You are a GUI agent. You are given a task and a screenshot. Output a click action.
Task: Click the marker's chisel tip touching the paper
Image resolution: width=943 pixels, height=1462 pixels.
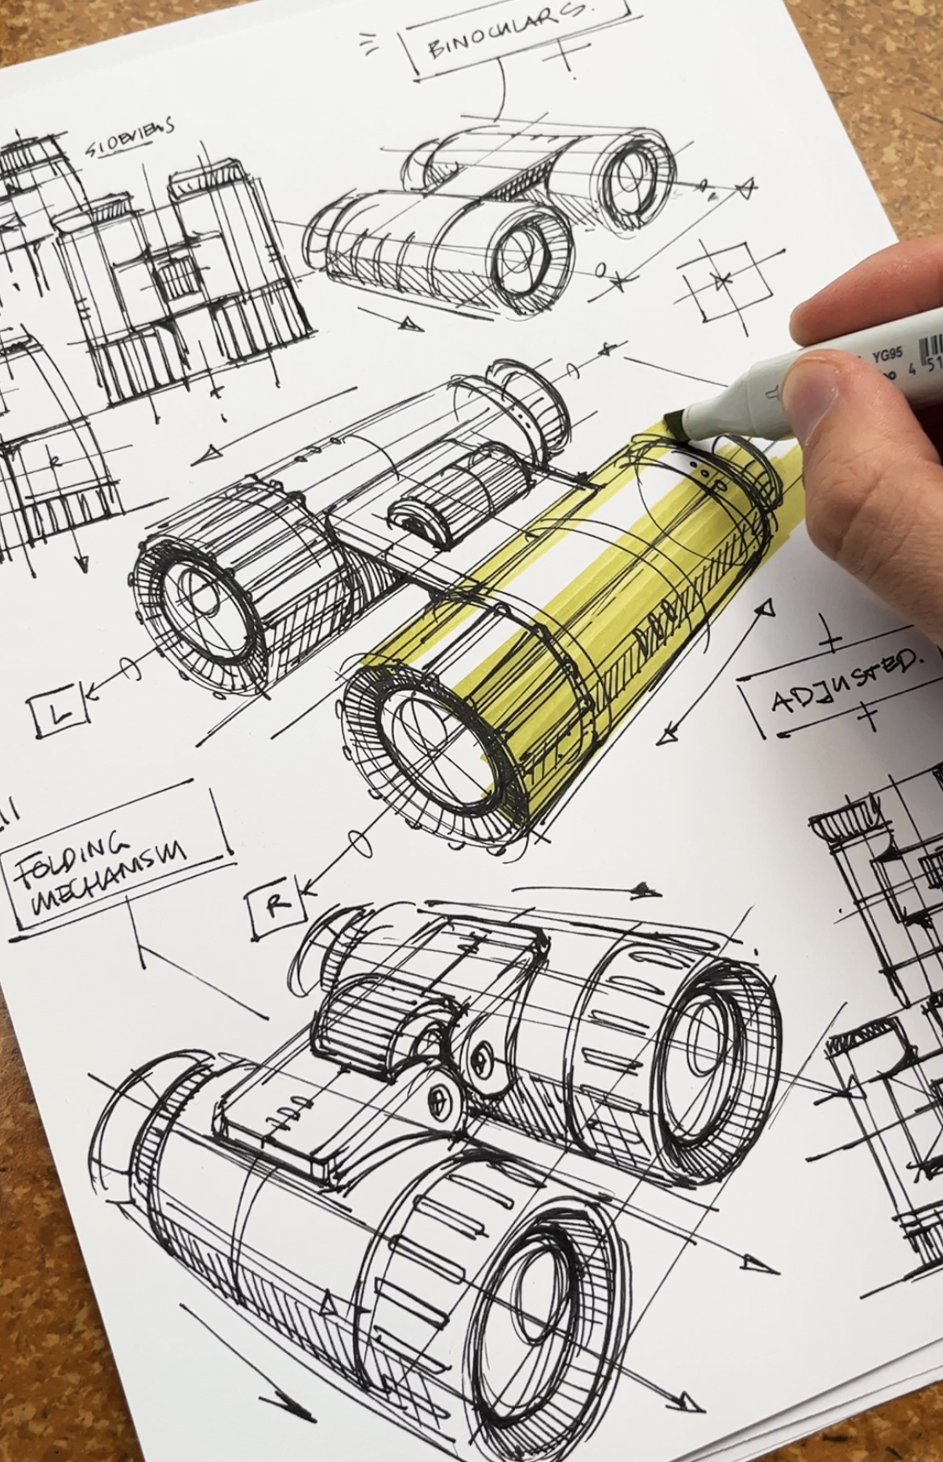pos(674,426)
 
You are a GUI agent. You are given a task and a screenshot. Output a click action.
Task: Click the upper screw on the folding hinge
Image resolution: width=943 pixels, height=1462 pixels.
pos(481,1051)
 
